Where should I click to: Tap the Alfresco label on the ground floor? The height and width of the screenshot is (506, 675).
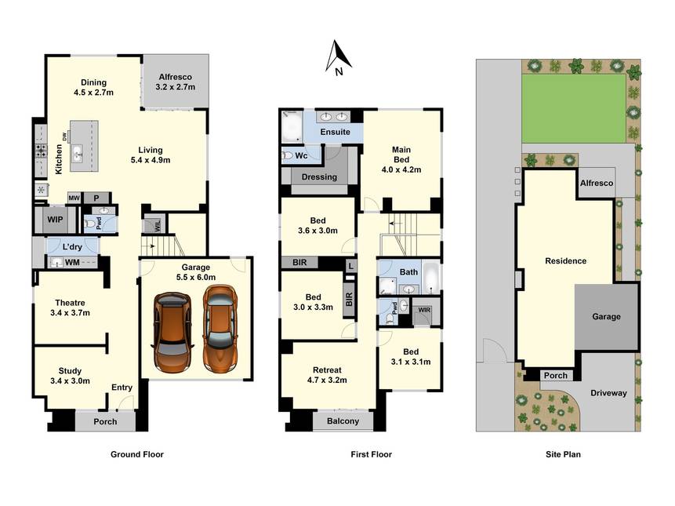pos(175,77)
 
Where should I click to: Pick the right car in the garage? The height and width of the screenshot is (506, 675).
pos(220,329)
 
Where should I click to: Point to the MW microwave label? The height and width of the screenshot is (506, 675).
pos(74,198)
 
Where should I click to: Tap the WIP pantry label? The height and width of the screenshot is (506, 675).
pos(55,220)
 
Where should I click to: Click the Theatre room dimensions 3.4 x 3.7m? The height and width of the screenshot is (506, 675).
pos(71,313)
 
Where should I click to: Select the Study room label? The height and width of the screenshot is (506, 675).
pos(71,371)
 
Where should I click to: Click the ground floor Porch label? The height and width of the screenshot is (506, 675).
pos(106,421)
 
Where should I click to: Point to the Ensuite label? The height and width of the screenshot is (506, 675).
pos(336,132)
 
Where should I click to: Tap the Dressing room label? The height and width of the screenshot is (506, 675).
pos(319,177)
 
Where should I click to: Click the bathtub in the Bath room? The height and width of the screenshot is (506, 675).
pos(430,278)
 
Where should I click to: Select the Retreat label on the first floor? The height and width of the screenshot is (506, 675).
pos(327,370)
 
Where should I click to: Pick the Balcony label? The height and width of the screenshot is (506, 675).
pos(343,421)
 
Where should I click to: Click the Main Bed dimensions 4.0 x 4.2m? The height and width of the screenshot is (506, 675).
pos(401,169)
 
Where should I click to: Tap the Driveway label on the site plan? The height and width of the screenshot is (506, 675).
pos(608,393)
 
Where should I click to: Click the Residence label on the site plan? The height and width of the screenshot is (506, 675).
pos(566,261)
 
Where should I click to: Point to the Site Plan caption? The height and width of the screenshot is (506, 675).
pos(563,454)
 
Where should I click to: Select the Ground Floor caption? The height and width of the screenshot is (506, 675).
pos(137,454)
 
